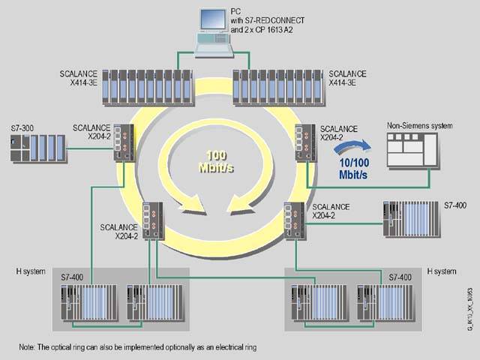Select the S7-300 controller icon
click(x=38, y=147)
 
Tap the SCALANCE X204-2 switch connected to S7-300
click(x=124, y=142)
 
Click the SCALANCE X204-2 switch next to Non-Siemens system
click(x=306, y=142)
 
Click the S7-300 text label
click(x=23, y=128)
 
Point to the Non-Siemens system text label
click(x=419, y=126)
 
